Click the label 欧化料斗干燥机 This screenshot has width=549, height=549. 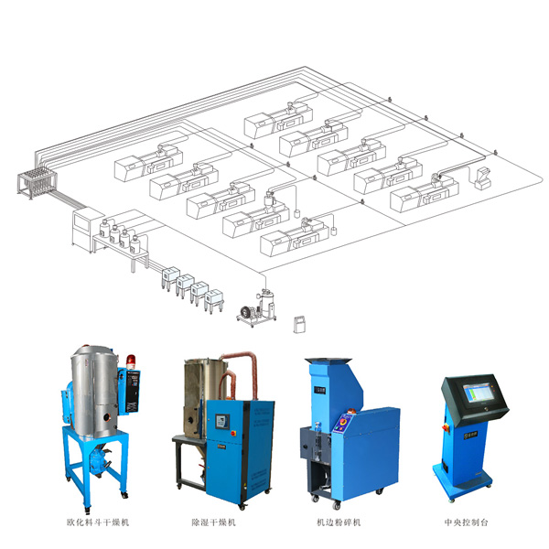pos(98,522)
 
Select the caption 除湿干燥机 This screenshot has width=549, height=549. pos(213,522)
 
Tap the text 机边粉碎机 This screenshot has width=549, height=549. pos(339,522)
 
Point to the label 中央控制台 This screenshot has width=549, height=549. pos(466,522)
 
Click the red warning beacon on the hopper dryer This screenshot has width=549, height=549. pos(131,361)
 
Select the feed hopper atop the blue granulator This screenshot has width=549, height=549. pos(327,361)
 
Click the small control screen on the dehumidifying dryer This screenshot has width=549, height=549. pos(221,421)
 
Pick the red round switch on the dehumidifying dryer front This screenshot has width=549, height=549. pos(233,434)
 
